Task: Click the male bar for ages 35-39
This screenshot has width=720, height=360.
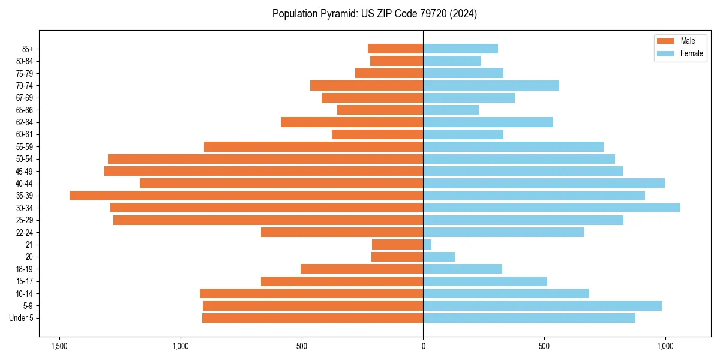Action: pyautogui.click(x=246, y=196)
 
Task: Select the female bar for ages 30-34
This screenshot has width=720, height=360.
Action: pyautogui.click(x=551, y=208)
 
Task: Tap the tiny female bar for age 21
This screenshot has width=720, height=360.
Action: pyautogui.click(x=427, y=245)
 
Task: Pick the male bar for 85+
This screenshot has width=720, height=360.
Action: pyautogui.click(x=395, y=49)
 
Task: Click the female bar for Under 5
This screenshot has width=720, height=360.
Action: pyautogui.click(x=529, y=318)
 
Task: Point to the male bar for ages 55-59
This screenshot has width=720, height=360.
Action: pyautogui.click(x=313, y=146)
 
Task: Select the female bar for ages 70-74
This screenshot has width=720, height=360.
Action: pyautogui.click(x=491, y=85)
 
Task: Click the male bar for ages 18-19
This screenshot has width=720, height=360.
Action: pyautogui.click(x=362, y=269)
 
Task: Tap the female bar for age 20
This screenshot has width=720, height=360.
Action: pyautogui.click(x=439, y=257)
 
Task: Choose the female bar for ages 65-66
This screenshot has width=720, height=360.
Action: pyautogui.click(x=451, y=110)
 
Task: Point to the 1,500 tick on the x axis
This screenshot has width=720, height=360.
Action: pyautogui.click(x=59, y=346)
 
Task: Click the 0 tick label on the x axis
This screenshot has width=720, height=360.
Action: pyautogui.click(x=423, y=346)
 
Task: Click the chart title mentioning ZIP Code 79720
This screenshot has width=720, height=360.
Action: pyautogui.click(x=374, y=14)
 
